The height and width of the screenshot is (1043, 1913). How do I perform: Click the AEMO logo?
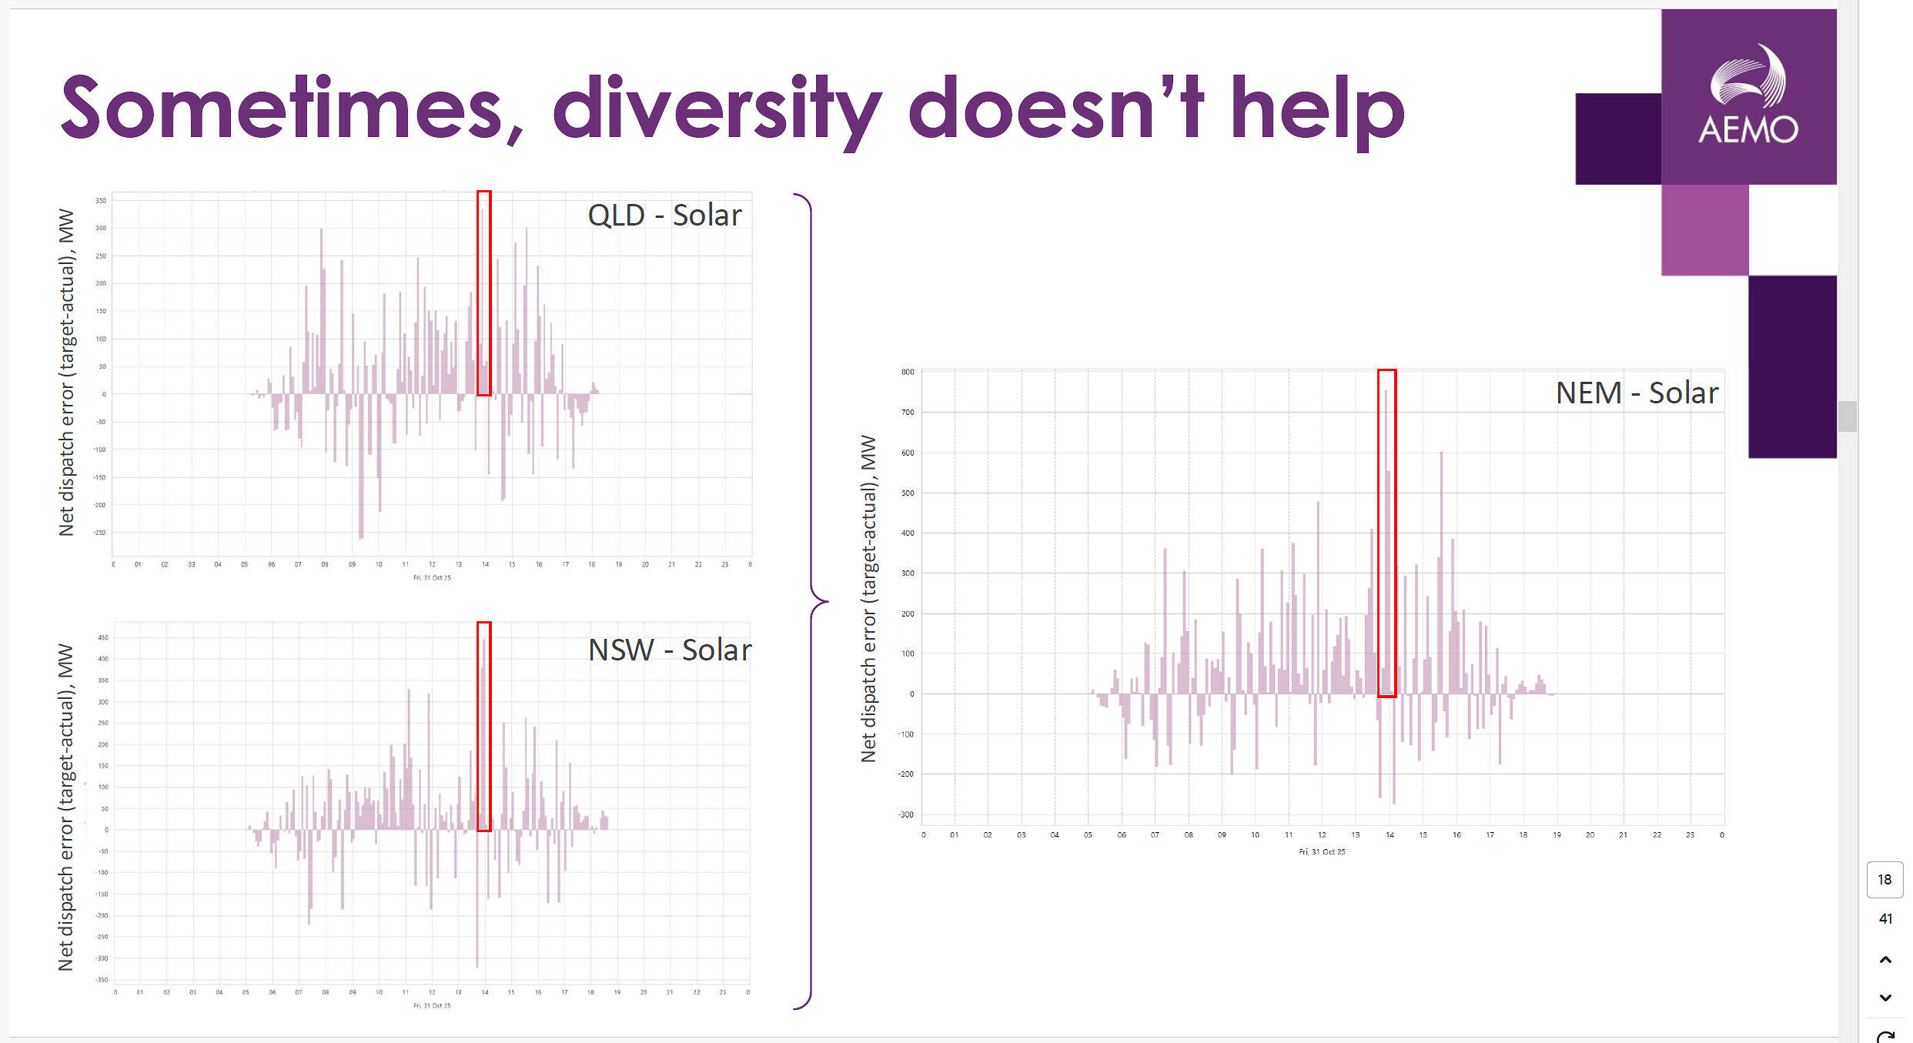point(1747,96)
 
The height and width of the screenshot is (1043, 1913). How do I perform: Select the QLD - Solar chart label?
point(664,216)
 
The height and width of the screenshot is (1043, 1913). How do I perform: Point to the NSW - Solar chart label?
point(670,650)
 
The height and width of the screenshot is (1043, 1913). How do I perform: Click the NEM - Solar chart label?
point(1637,393)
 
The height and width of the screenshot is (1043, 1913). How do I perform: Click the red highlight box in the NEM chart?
point(1386,533)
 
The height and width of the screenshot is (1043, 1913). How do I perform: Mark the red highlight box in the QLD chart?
point(483,293)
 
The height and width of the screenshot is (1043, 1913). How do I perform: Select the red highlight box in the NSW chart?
point(483,726)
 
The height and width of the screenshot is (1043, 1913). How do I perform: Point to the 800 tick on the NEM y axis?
point(908,372)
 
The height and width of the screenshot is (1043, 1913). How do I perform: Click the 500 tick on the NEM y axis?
point(908,493)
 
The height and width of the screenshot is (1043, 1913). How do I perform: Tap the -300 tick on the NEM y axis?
point(906,814)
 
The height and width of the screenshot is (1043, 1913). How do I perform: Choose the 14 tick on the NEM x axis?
point(1390,835)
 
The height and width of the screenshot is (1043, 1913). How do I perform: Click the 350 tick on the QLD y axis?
point(101,200)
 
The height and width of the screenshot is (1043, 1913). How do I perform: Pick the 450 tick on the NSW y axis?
point(102,638)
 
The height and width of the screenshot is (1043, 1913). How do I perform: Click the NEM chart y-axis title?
point(868,599)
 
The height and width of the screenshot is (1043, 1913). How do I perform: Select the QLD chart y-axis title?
point(66,373)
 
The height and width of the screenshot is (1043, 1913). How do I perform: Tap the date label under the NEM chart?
point(1322,852)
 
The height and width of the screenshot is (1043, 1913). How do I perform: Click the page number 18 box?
point(1885,880)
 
